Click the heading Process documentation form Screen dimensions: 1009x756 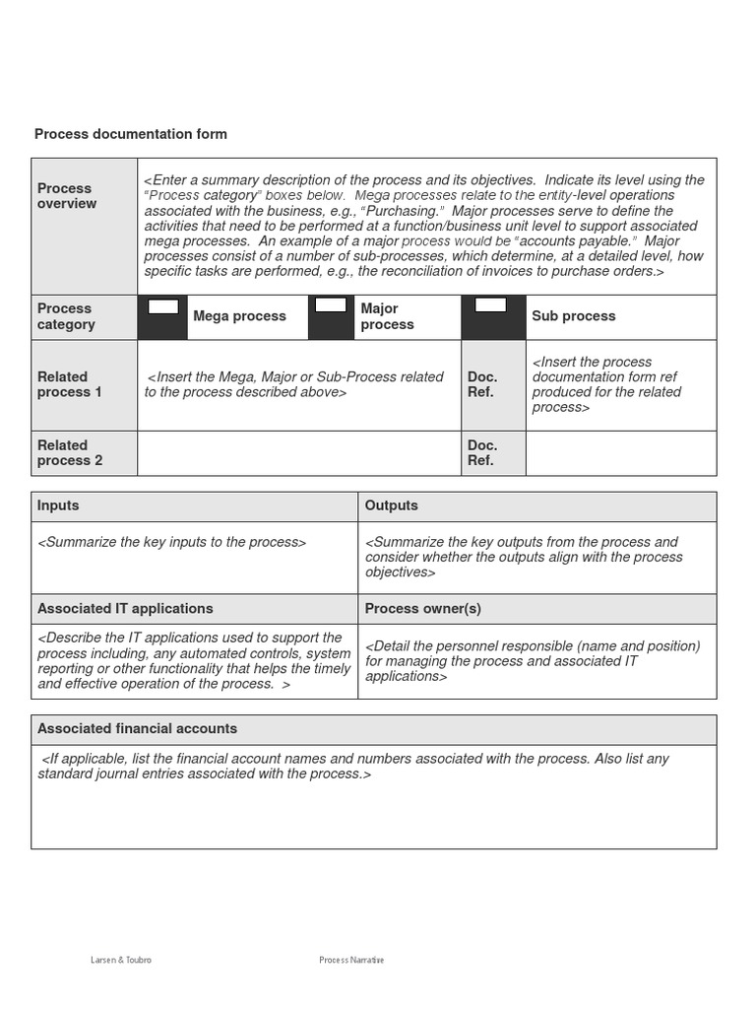[131, 134]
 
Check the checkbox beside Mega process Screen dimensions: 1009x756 [162, 306]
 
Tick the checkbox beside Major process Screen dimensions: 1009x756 [331, 305]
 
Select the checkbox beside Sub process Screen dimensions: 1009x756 [490, 305]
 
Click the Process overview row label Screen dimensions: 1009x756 [67, 196]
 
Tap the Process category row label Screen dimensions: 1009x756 [66, 316]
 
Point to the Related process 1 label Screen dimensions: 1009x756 [69, 384]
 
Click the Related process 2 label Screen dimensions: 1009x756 [69, 453]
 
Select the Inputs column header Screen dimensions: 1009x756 [58, 505]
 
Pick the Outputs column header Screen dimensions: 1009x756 [392, 505]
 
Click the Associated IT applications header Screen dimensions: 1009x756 [125, 609]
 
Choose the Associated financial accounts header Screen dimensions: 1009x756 [137, 729]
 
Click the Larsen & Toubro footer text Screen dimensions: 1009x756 [121, 961]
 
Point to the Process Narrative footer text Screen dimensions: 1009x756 [351, 961]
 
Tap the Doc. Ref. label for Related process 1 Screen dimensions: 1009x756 [482, 384]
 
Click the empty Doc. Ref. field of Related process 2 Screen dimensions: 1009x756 [621, 453]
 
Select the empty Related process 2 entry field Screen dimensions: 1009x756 [299, 453]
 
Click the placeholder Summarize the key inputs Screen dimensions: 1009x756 [172, 542]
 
